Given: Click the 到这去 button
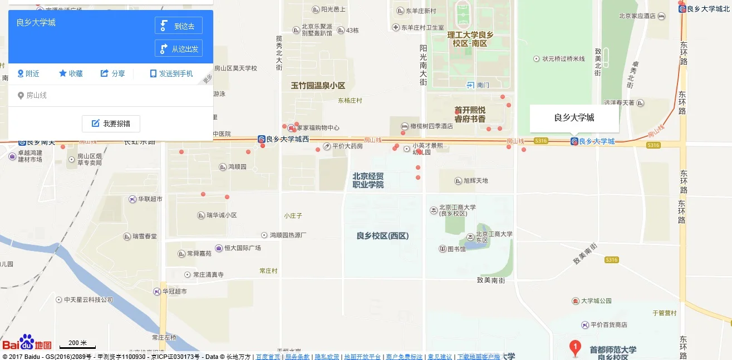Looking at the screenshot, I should point(178,26).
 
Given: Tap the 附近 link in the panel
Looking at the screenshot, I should point(28,73).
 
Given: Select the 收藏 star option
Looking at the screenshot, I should point(71,73).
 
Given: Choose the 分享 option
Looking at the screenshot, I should point(112,73).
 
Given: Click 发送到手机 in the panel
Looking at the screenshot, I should point(171,73).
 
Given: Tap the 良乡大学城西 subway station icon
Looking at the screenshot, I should point(261,139).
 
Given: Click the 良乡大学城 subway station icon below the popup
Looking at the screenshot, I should point(574,142).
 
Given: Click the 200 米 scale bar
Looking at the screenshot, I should point(77,344).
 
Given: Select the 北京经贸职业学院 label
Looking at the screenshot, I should point(368,180).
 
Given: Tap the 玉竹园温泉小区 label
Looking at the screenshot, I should point(318,86).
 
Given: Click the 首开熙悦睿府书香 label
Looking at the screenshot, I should point(470,115).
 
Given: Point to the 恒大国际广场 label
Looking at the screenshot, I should point(242,248).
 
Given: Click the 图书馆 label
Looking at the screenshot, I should point(456,249).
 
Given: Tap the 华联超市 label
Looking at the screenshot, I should point(150,199).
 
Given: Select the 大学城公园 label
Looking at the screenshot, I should point(596,301).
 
